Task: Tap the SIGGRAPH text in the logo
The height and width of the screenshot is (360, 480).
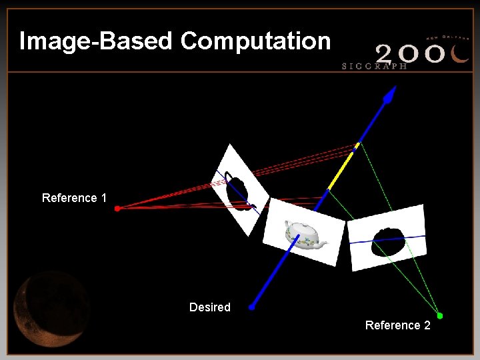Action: tap(374, 66)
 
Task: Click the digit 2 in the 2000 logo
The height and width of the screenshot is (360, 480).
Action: tap(389, 53)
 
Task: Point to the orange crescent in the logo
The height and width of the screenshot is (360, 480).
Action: tap(459, 53)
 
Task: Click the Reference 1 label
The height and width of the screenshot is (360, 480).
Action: tap(74, 198)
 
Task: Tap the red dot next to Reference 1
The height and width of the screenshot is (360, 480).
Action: tap(117, 209)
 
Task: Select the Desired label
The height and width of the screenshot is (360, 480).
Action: tap(210, 307)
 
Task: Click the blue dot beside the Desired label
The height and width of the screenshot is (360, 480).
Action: tap(252, 307)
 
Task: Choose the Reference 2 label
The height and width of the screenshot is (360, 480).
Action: tap(397, 325)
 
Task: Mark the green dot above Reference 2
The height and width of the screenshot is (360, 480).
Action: tap(439, 315)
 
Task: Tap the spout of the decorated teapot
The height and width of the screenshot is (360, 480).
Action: tap(324, 243)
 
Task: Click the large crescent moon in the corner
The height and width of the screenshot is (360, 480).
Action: tap(50, 307)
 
